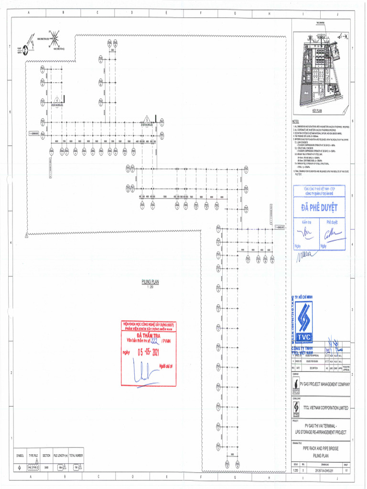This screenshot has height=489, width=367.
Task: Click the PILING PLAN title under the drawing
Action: click(x=150, y=281)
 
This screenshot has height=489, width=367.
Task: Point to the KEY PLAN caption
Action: click(x=318, y=110)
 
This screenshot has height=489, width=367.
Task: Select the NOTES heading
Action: click(x=296, y=122)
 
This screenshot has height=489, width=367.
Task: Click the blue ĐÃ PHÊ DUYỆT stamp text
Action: click(x=319, y=208)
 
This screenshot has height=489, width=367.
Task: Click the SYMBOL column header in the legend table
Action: click(x=20, y=456)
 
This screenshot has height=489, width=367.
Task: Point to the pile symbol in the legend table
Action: click(x=20, y=468)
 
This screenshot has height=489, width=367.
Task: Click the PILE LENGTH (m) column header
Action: click(x=60, y=456)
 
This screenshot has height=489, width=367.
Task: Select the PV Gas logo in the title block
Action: click(x=296, y=384)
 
